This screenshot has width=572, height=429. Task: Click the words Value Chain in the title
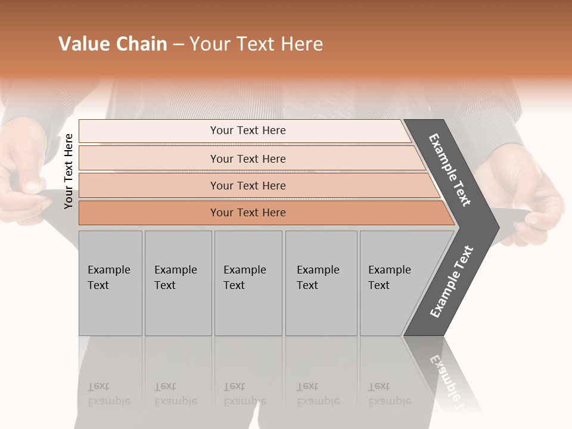(x=113, y=44)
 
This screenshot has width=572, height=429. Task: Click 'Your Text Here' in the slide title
(x=256, y=44)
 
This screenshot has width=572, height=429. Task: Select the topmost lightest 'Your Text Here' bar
(x=247, y=130)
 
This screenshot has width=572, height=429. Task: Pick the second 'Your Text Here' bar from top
(x=247, y=158)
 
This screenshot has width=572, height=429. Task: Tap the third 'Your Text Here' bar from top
(x=247, y=185)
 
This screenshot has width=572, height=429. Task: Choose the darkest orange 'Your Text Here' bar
(x=247, y=213)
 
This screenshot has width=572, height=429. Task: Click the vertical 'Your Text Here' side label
(x=69, y=171)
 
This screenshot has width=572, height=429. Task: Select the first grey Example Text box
(x=110, y=283)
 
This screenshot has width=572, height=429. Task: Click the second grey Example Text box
(x=178, y=283)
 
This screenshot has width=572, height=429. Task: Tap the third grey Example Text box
(x=247, y=283)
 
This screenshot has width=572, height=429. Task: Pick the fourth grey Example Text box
(x=321, y=283)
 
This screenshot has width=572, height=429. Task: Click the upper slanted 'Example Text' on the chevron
(x=450, y=170)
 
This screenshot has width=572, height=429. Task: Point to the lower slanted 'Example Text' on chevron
(x=451, y=282)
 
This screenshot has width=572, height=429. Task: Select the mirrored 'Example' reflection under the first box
(x=109, y=401)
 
